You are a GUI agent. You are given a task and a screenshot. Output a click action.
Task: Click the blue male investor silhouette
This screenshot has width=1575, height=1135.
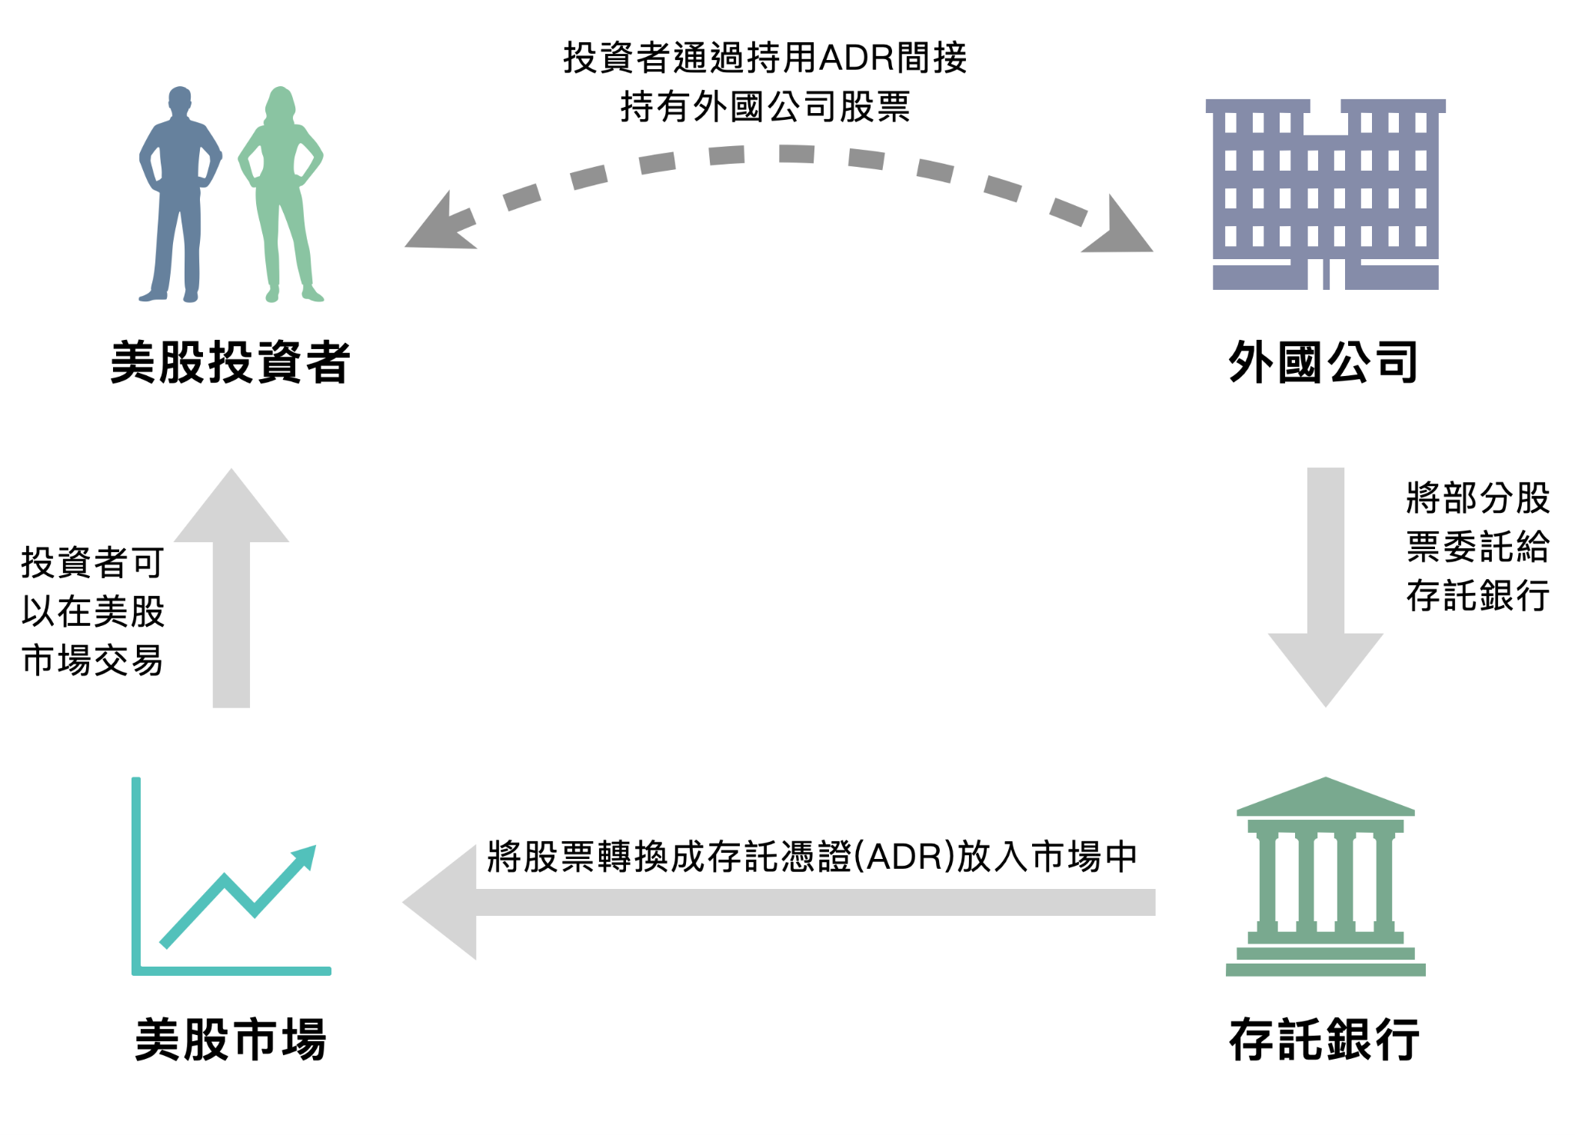[x=180, y=192]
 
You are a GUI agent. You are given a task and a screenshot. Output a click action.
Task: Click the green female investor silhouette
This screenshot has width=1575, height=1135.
[x=281, y=192]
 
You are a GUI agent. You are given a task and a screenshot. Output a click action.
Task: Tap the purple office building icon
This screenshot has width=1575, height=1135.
[x=1325, y=194]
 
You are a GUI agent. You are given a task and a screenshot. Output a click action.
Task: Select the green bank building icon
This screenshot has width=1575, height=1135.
[x=1325, y=877]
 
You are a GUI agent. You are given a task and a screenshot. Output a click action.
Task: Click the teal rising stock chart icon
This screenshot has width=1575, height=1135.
[x=231, y=884]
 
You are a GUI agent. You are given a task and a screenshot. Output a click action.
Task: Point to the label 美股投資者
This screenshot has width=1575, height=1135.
[x=231, y=362]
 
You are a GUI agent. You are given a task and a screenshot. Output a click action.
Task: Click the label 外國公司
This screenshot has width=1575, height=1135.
[x=1324, y=362]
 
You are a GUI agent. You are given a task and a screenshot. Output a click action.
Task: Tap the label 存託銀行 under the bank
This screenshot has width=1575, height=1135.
[x=1324, y=1040]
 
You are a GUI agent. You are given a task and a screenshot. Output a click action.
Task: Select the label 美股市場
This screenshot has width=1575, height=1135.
[x=231, y=1040]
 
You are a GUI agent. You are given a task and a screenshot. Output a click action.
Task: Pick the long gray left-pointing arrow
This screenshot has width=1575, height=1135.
[x=777, y=902]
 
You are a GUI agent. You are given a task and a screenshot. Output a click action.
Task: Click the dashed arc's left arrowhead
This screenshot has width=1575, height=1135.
[x=435, y=227]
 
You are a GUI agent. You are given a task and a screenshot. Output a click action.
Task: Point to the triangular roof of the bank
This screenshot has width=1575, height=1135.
[x=1325, y=797]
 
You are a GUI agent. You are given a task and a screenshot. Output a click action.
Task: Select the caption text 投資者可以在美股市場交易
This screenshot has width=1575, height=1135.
[x=92, y=611]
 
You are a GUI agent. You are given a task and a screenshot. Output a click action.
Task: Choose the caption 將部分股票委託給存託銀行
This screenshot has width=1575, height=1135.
[x=1477, y=547]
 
